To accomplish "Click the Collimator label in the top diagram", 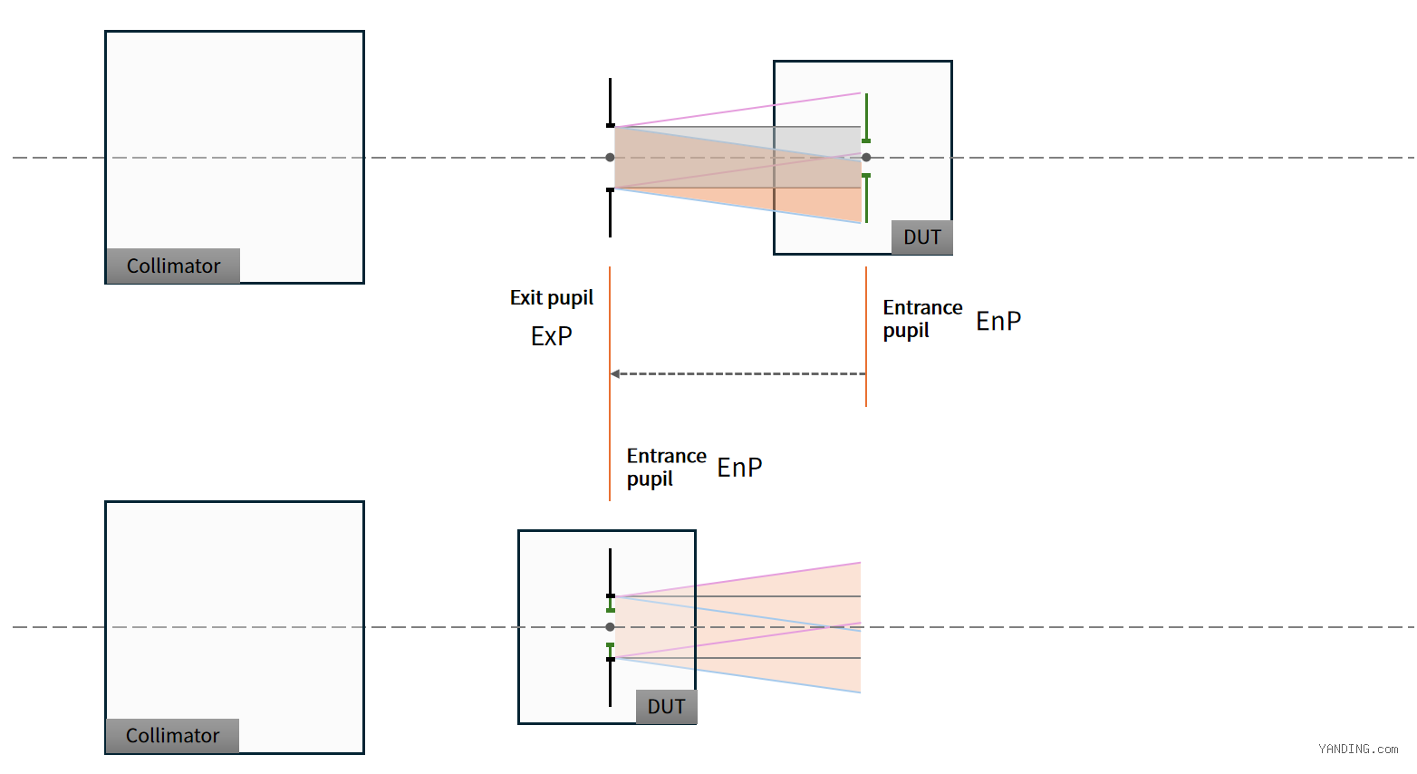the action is [x=173, y=266].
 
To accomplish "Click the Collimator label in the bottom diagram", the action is [x=173, y=735].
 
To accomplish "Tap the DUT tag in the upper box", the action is [x=921, y=237].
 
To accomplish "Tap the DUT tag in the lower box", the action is [x=666, y=706].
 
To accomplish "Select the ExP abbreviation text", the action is [x=551, y=336].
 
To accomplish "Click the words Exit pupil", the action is [x=552, y=297].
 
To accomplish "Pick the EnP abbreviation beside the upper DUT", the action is [x=998, y=321].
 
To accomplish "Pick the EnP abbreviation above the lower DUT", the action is [x=739, y=468].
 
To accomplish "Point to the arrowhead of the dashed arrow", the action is [x=614, y=374].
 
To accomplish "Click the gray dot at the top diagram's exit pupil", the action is [x=610, y=158].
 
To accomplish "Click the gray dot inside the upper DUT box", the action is [x=866, y=158].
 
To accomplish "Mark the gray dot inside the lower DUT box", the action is [x=610, y=627].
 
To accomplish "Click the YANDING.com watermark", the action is [x=1358, y=750].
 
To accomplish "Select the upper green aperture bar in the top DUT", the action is [x=866, y=118].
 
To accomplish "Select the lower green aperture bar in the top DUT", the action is [x=866, y=198].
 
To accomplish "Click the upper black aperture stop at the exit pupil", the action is [x=610, y=103].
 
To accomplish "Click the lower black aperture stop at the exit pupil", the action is [x=610, y=213].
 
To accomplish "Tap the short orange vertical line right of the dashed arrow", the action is [x=866, y=336].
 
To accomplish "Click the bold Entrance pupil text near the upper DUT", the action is [x=922, y=319].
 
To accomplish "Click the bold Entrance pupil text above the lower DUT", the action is [x=666, y=468].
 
